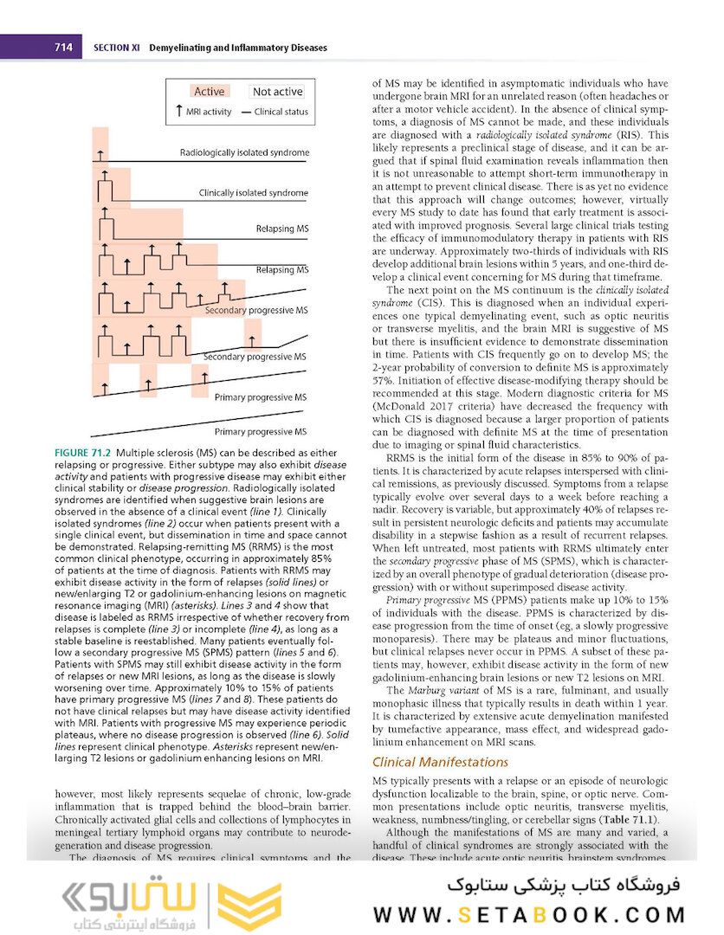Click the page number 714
click(x=63, y=47)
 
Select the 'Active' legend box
click(x=209, y=92)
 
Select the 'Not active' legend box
click(x=277, y=92)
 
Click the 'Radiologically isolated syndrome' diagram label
click(x=243, y=153)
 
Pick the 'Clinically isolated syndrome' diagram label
click(x=253, y=192)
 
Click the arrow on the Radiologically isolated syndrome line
click(x=100, y=154)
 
